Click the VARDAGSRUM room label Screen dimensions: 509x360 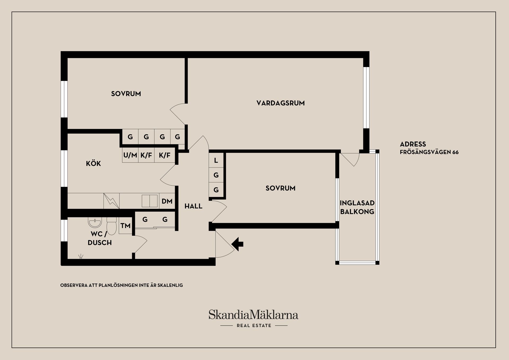(280, 103)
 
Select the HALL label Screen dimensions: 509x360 (193, 206)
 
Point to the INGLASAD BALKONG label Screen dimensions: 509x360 (357, 207)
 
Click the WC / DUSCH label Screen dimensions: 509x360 (100, 238)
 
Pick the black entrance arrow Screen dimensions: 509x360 (238, 244)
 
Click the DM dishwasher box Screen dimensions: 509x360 (167, 201)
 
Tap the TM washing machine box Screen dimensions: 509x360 (125, 226)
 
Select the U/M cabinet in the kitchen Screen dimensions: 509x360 (130, 155)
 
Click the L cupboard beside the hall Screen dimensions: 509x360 (216, 160)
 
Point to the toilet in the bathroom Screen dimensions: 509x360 (112, 226)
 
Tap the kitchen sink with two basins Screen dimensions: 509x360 (150, 201)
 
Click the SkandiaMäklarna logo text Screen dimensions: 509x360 (253, 315)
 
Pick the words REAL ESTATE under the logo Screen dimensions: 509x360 (254, 326)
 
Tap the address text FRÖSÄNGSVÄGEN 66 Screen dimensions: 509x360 (429, 152)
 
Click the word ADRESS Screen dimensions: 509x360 (413, 144)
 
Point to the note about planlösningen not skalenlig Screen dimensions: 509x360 (122, 286)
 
